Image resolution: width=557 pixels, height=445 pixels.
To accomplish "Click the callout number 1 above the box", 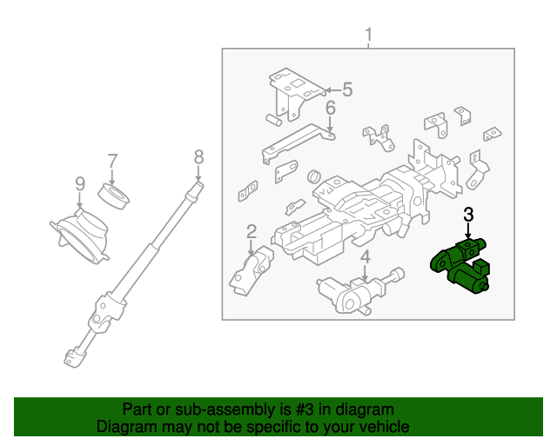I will [368, 36].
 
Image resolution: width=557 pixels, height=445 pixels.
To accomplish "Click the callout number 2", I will [252, 231].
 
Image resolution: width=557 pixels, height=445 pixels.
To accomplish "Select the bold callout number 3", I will [468, 214].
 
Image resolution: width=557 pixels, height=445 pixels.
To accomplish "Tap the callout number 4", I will [366, 256].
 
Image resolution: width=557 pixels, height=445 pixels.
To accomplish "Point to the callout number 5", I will [346, 89].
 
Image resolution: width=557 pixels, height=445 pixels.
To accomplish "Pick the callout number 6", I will [331, 109].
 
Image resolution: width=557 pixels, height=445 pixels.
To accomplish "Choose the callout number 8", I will [198, 156].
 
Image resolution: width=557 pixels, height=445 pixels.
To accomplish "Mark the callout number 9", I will [79, 183].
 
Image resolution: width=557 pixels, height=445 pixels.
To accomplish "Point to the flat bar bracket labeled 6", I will [296, 141].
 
